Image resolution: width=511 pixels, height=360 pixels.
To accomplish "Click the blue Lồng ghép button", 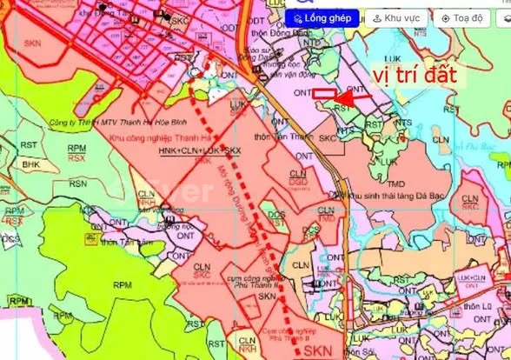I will [322, 17].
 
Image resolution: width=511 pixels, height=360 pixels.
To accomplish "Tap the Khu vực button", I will [397, 17].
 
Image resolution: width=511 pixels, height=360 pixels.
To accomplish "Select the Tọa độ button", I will [467, 17].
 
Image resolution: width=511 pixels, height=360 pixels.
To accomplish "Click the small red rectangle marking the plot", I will [324, 94].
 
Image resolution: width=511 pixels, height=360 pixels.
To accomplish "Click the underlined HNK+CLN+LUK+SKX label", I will [201, 150].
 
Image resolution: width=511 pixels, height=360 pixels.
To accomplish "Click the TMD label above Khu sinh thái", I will [395, 183].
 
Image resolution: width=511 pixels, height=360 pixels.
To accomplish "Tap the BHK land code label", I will [31, 163].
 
